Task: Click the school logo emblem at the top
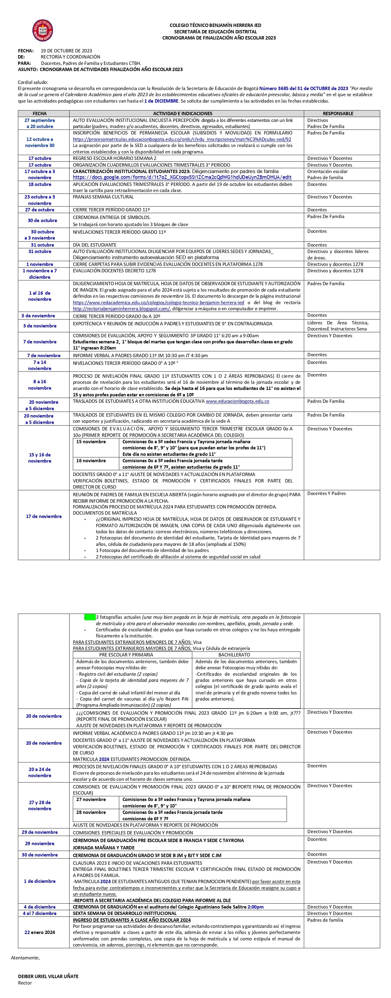point(42,31)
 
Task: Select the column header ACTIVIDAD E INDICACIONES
point(183,114)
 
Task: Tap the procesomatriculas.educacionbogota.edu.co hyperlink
point(182,139)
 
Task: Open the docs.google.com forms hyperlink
point(182,177)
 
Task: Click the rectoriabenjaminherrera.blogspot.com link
point(121,309)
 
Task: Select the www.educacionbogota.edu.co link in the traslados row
point(237,401)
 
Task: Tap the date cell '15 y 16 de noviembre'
point(40,458)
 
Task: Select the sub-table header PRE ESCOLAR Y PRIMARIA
point(126,655)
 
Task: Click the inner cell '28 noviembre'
point(91,812)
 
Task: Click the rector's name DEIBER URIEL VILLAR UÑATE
point(48,976)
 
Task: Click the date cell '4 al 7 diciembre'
point(40,913)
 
